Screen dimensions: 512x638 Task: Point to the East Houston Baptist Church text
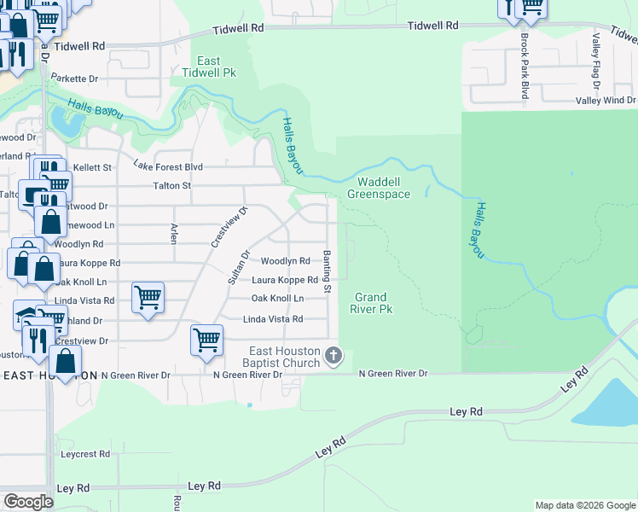285,357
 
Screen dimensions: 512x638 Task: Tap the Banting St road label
327,272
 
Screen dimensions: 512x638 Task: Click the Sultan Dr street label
236,267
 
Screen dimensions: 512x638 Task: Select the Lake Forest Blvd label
167,166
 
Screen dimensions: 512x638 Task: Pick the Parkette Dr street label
74,79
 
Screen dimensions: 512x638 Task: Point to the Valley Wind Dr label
606,101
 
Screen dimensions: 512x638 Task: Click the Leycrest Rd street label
85,454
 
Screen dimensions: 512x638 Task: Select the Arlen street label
174,233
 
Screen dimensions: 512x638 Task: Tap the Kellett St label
92,167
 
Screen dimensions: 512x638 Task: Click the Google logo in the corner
28,502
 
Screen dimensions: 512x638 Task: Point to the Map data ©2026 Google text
584,505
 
